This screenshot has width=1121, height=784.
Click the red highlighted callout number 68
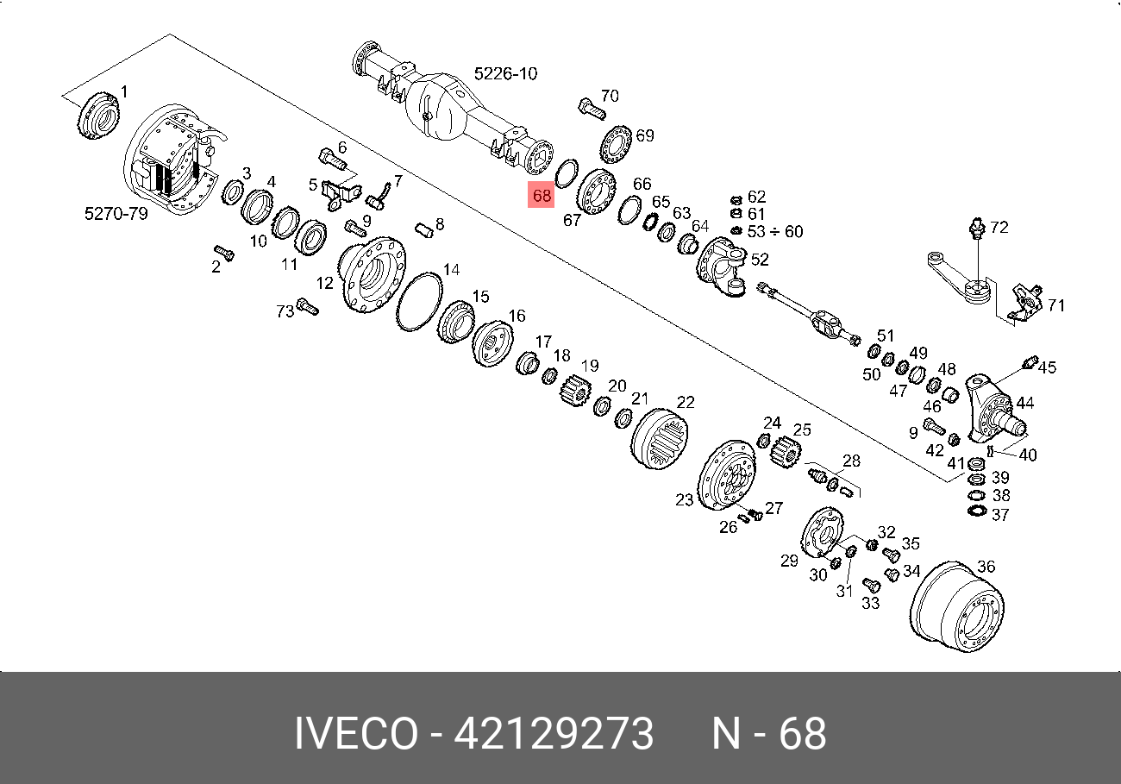tap(542, 195)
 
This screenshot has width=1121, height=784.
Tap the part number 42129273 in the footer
tap(554, 733)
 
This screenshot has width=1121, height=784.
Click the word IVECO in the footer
tap(356, 733)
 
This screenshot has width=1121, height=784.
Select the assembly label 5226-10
tap(505, 73)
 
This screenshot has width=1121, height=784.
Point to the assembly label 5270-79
tap(116, 214)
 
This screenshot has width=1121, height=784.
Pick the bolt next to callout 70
tap(592, 110)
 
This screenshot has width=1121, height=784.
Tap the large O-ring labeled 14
tap(419, 302)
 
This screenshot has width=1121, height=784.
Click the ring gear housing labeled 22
tap(659, 439)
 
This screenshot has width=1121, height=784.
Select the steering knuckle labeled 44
tap(993, 408)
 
